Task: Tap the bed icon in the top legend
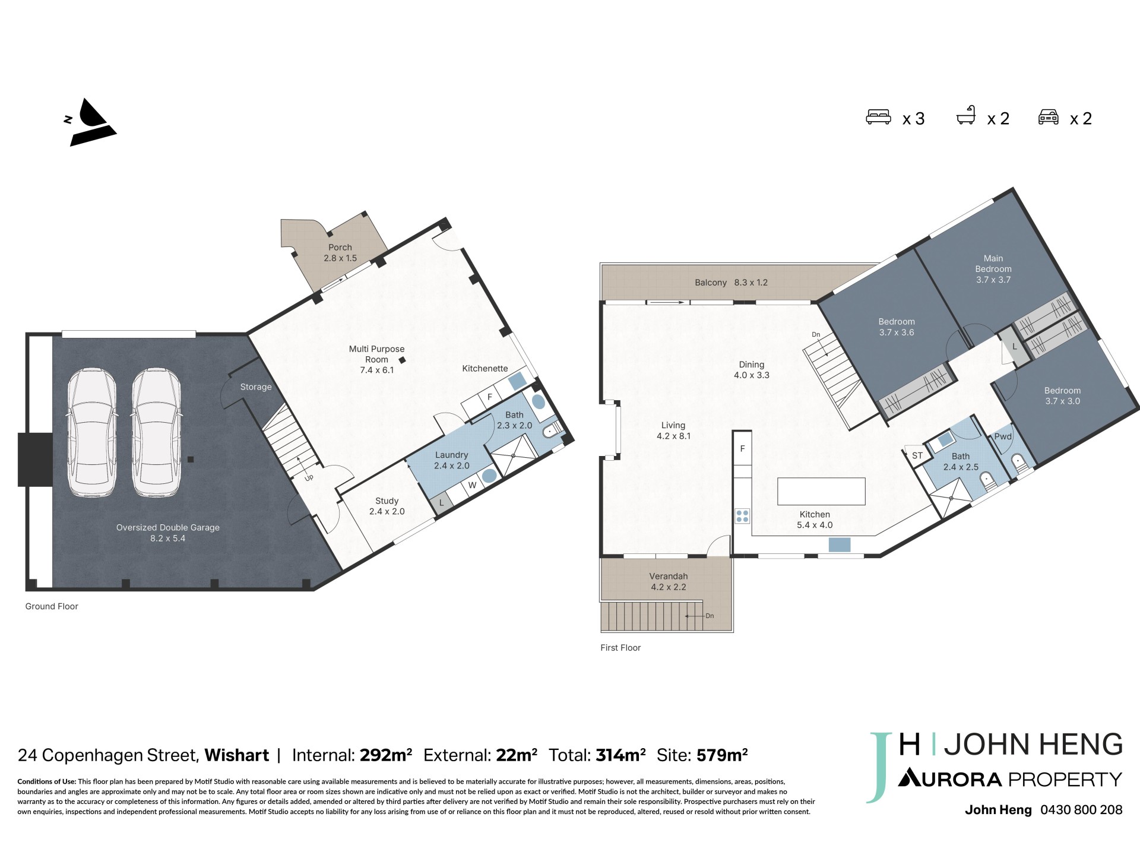(878, 117)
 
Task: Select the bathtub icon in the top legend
(966, 115)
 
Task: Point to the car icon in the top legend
(1049, 117)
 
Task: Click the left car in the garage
(92, 433)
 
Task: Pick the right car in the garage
(156, 433)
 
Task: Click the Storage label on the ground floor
(256, 387)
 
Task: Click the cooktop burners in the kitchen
(742, 515)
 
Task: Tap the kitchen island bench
(821, 491)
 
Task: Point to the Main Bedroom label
(993, 264)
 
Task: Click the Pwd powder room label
(1003, 436)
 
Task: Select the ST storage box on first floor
(917, 455)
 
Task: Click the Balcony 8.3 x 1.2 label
(731, 283)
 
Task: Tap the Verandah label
(669, 577)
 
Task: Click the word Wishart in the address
(237, 755)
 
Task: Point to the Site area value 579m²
(722, 755)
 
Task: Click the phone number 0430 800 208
(1081, 809)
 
